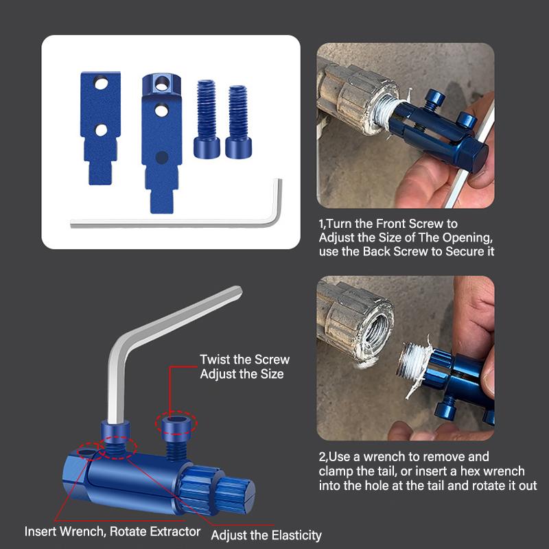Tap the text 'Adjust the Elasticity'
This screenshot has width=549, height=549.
266,535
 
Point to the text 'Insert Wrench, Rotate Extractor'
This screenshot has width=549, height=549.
113,531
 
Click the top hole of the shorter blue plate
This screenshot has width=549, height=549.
101,84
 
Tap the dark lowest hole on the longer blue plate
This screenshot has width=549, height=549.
161,158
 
